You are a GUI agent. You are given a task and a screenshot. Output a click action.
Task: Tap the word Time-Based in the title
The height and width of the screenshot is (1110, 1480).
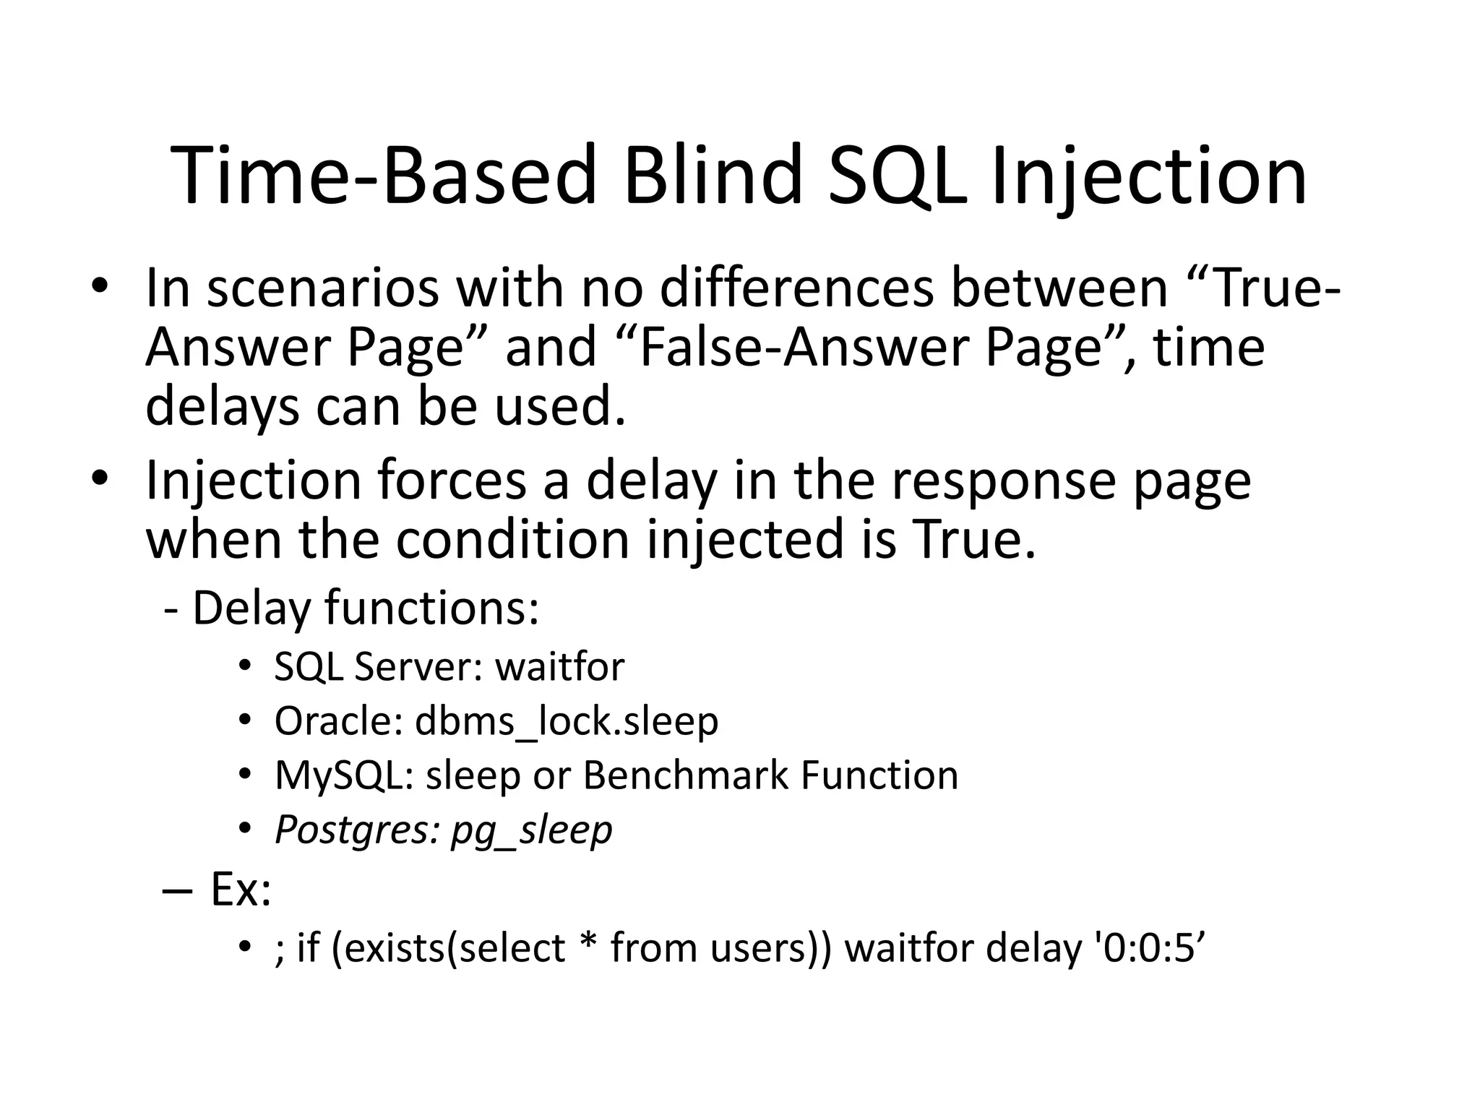[x=384, y=176]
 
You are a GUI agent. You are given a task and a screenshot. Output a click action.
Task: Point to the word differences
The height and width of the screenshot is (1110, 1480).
[x=796, y=288]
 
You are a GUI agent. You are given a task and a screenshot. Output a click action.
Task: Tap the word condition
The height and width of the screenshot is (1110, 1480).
[x=512, y=540]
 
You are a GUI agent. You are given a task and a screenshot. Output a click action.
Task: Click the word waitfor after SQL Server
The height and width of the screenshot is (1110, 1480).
[x=559, y=666]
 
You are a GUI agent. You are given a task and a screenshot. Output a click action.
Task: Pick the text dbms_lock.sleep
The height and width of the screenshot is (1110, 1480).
[x=567, y=721]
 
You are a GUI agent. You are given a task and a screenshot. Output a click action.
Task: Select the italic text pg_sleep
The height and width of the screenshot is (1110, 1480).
[x=531, y=830]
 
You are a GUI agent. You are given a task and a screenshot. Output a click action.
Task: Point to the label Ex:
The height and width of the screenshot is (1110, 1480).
[x=241, y=890]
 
